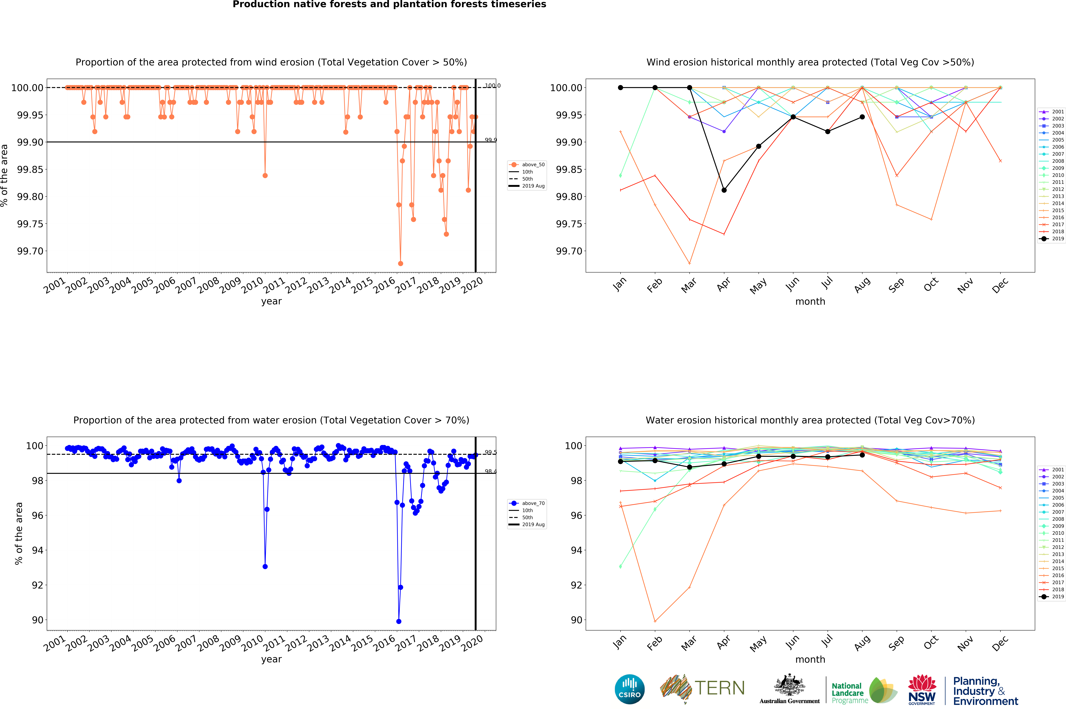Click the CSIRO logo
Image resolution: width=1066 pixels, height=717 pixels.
tap(630, 689)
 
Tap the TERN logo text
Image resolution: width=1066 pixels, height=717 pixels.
tap(720, 688)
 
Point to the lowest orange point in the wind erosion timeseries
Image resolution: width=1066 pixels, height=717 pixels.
tap(401, 263)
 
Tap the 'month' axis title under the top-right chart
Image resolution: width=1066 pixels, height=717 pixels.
tap(810, 301)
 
